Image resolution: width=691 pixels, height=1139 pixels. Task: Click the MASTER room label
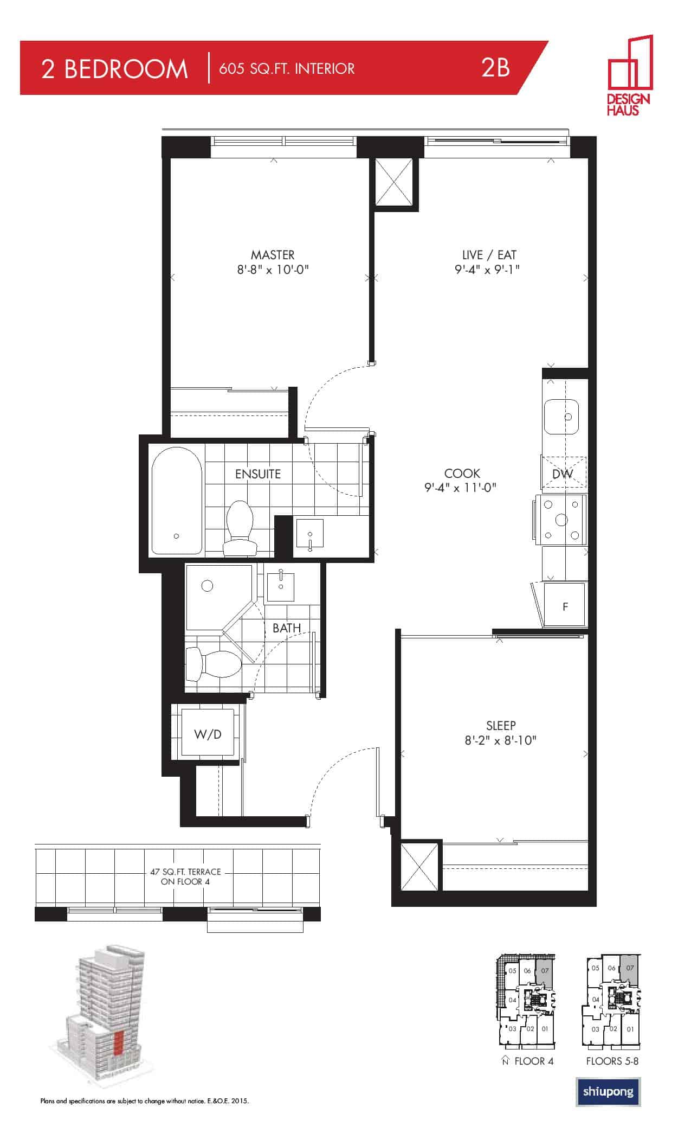pos(273,255)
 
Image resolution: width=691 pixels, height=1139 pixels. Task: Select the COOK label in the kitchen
pos(462,473)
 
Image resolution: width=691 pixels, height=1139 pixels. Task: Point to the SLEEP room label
pos(501,726)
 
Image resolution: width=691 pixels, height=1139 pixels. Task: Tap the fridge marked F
pos(565,605)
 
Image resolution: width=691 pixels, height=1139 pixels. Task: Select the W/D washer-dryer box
pos(208,734)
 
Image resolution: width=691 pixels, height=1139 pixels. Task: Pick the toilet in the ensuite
pos(240,528)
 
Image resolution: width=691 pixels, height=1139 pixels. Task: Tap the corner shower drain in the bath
pos(207,586)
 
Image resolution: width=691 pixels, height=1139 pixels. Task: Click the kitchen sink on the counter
pos(561,417)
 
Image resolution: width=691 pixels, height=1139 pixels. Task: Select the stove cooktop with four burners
pos(561,520)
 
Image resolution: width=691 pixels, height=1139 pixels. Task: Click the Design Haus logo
pos(629,75)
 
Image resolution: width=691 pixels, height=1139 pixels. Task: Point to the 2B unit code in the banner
pos(495,68)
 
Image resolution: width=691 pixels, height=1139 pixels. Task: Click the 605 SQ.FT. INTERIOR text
pos(287,69)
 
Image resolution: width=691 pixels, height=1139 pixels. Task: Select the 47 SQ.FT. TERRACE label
pos(186,872)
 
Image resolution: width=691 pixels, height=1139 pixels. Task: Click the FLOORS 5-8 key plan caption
pos(612,1061)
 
